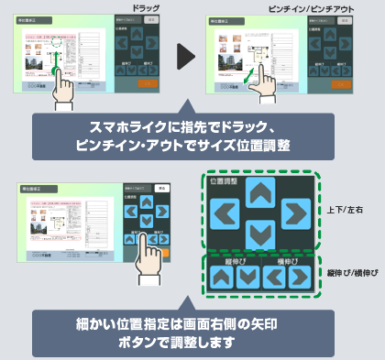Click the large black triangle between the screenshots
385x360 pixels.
click(187, 58)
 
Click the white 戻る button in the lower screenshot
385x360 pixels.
click(161, 188)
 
